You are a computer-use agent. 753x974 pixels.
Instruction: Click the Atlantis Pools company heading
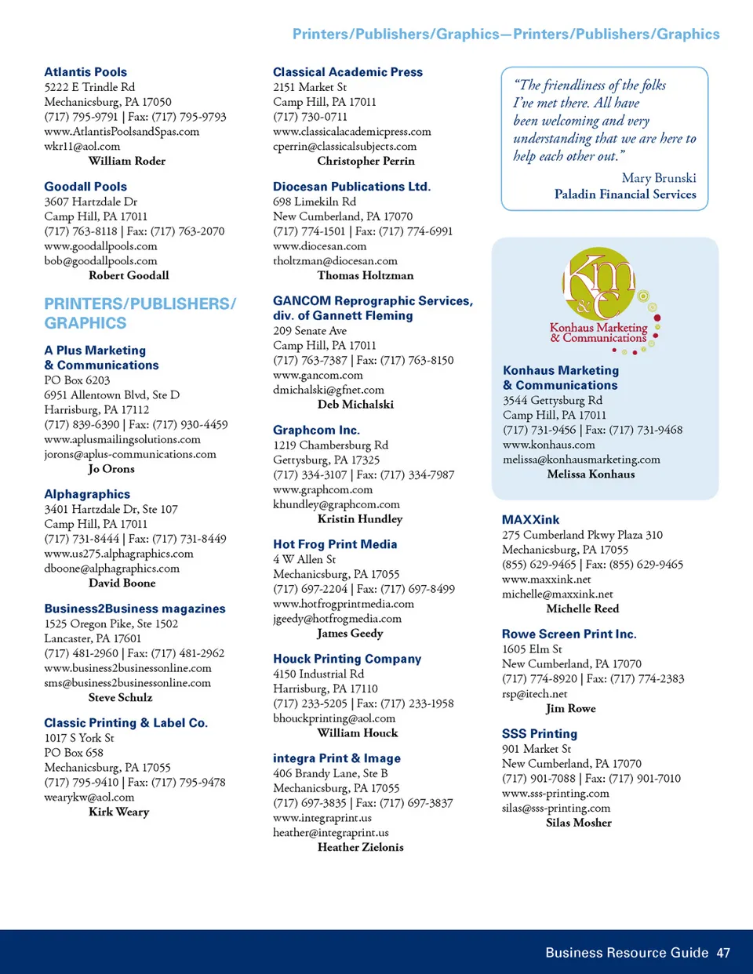[x=85, y=72]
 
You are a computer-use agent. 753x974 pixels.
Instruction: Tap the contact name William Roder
[x=127, y=161]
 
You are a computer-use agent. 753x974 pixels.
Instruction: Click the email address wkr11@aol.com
[x=82, y=146]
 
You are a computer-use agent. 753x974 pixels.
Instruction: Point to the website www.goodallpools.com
[x=100, y=246]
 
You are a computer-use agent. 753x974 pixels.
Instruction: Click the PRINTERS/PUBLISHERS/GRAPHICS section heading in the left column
[x=140, y=313]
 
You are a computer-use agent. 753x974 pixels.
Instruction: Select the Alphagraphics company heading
[x=87, y=494]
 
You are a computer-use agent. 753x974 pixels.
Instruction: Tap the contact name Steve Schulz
[x=120, y=697]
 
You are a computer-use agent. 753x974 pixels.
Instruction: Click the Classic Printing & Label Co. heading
[x=125, y=723]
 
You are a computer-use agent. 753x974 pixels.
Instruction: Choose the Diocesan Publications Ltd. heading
[x=351, y=187]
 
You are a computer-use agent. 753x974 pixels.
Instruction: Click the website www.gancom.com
[x=318, y=375]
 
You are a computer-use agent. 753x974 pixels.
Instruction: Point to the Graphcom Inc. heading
[x=316, y=430]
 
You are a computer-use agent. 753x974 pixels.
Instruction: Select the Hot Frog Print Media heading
[x=335, y=544]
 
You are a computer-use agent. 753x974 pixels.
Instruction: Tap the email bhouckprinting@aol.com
[x=334, y=718]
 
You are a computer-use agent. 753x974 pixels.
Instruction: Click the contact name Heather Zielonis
[x=360, y=847]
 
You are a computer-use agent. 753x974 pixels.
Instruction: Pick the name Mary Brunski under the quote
[x=658, y=178]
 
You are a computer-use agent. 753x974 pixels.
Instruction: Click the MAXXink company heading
[x=530, y=520]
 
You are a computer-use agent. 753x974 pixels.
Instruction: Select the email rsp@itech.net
[x=534, y=694]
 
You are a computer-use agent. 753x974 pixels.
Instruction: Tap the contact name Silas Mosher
[x=579, y=823]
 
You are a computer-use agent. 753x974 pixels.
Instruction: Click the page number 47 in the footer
[x=723, y=953]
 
